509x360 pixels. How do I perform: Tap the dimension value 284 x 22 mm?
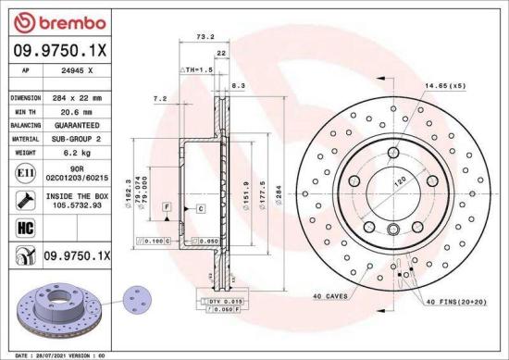click(x=78, y=96)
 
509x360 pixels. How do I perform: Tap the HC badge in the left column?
click(x=21, y=226)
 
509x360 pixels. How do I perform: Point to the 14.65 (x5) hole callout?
click(x=444, y=86)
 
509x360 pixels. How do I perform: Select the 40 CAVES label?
click(x=330, y=296)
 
